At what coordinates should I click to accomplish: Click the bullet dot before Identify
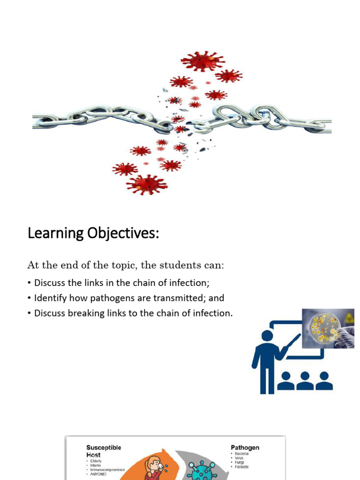(30, 298)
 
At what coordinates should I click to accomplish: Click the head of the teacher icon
(267, 336)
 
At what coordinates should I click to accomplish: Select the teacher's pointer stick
(291, 346)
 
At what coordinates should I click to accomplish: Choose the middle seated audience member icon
(305, 381)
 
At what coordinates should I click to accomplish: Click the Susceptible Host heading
(103, 451)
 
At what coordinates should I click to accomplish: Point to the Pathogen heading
(245, 448)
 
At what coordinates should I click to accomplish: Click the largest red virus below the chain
(147, 184)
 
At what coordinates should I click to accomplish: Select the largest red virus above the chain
(202, 61)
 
